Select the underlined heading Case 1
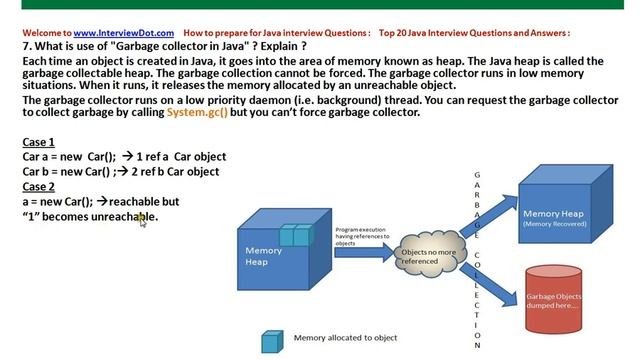39,142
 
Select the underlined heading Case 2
39,186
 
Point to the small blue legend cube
271,342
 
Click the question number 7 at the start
26,47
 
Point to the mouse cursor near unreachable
143,220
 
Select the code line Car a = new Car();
69,156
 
